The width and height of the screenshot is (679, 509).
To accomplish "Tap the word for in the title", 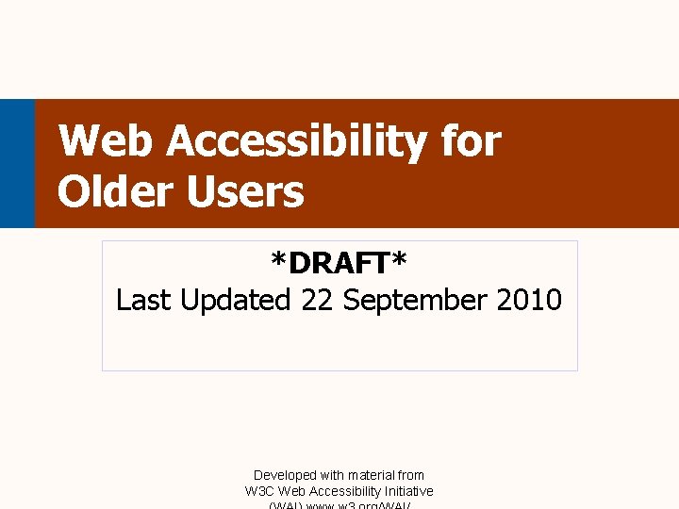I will click(471, 142).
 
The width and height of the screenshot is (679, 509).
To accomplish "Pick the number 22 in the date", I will click(318, 301).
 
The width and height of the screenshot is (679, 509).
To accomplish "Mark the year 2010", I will click(528, 301).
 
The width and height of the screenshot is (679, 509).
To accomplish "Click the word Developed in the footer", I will click(285, 476).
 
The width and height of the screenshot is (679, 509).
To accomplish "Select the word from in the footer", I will click(411, 476).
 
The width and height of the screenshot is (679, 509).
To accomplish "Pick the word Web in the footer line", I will click(292, 491).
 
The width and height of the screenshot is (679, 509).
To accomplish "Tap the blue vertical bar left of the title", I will click(17, 163).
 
